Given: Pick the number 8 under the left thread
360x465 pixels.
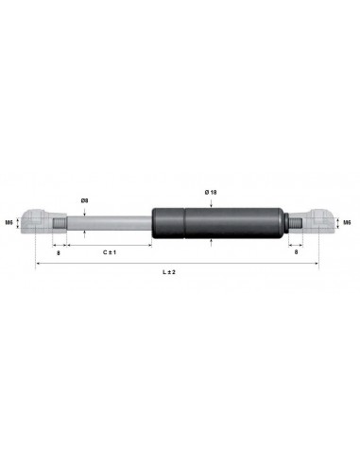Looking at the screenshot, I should pos(59,253).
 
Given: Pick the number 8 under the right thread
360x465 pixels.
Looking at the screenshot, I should pos(299,253).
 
